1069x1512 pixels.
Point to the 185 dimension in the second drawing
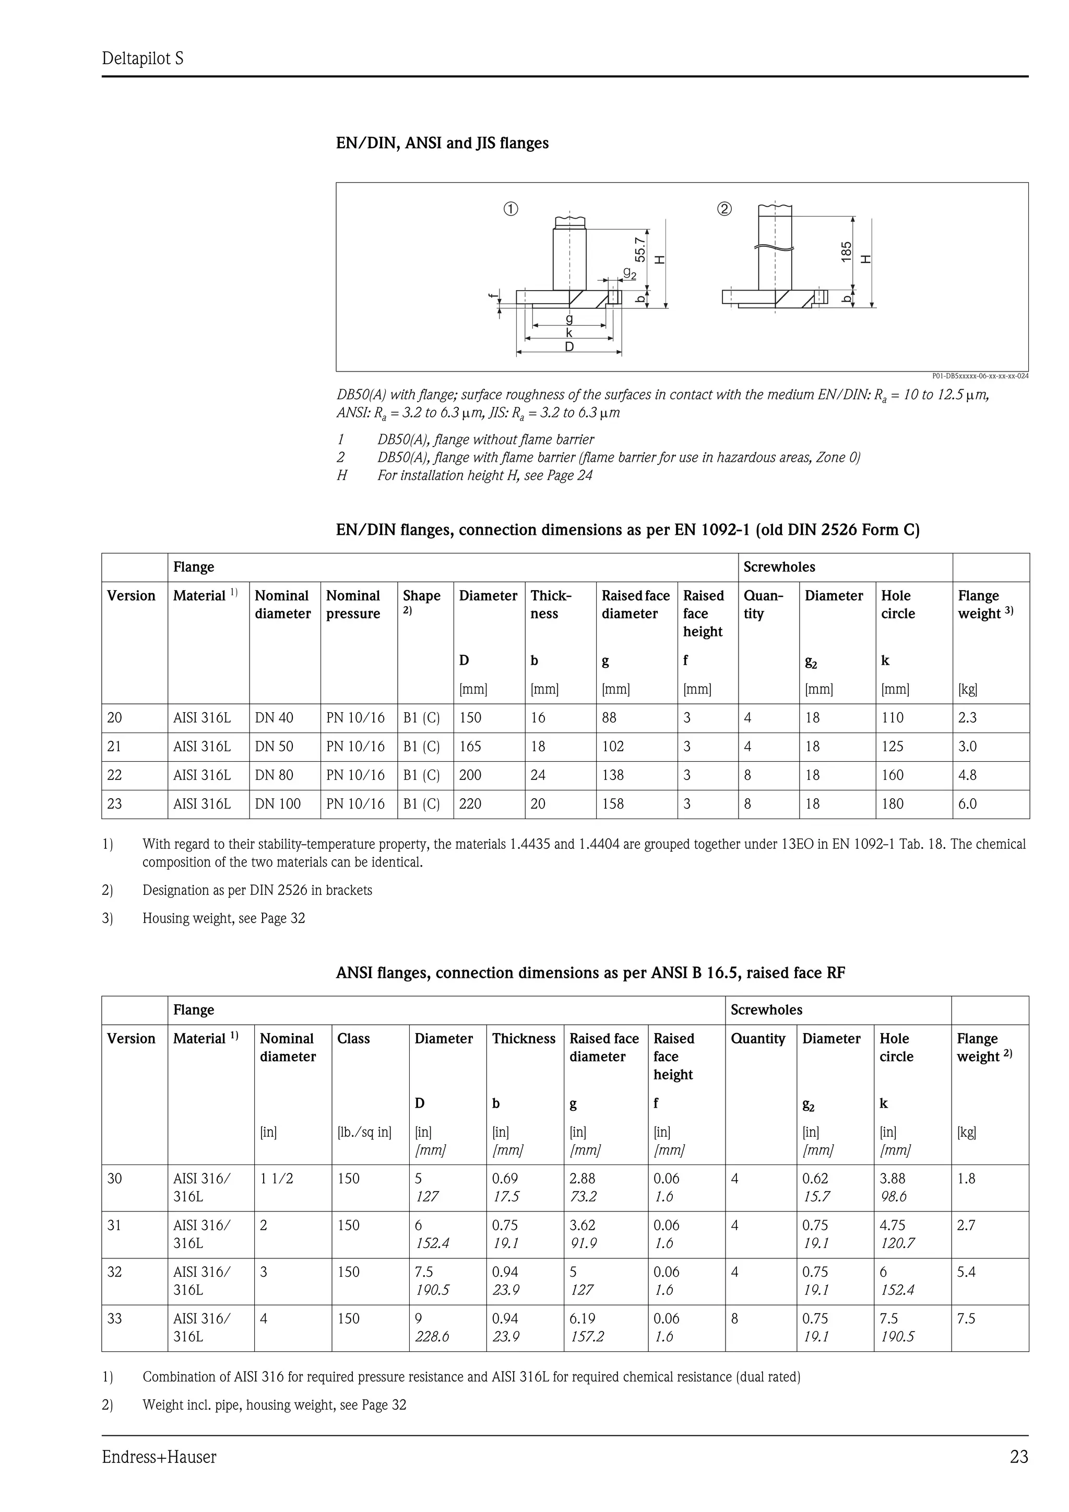tap(846, 251)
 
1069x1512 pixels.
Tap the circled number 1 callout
tap(511, 209)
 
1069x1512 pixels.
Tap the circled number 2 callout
tap(724, 209)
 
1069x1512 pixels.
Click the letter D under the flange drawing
tap(569, 347)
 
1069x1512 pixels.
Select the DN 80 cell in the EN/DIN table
tap(274, 775)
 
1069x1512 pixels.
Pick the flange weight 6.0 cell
tap(968, 804)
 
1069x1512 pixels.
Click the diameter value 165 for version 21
tap(470, 747)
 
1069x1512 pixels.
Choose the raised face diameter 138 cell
tap(613, 775)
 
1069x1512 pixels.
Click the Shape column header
tap(422, 596)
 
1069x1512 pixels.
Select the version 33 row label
tap(115, 1318)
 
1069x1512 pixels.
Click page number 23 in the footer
tap(1018, 1457)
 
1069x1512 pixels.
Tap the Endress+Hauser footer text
tap(159, 1457)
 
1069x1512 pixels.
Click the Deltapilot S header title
tap(143, 58)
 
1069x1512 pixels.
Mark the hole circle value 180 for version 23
tap(893, 804)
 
